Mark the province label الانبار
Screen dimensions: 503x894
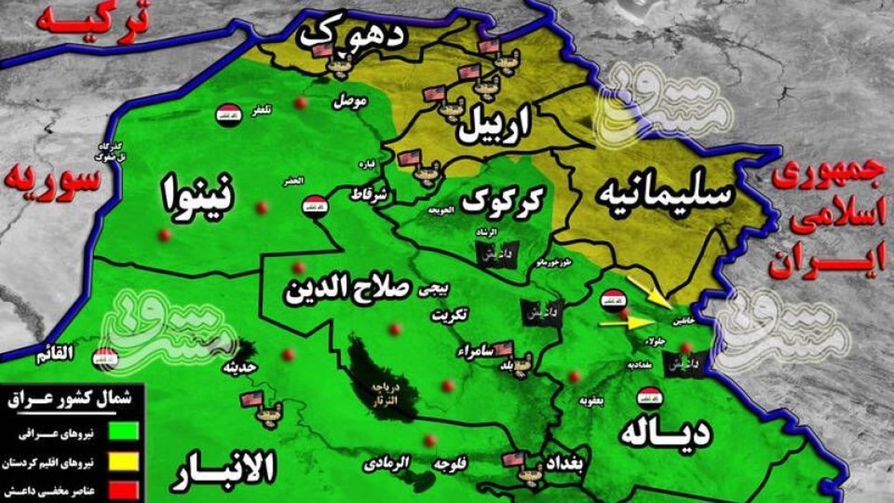[223, 471]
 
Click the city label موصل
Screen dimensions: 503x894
[349, 99]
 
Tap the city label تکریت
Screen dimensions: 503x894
[451, 315]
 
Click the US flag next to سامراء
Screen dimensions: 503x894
[504, 347]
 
